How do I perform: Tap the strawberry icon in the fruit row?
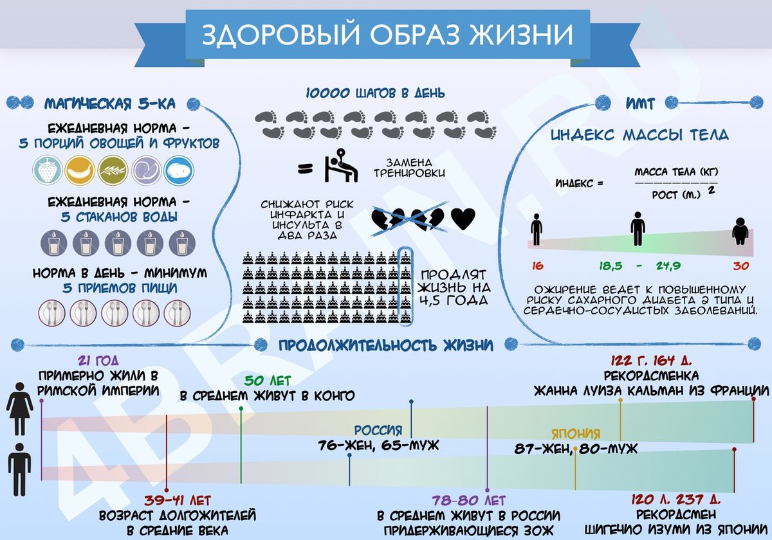[47, 171]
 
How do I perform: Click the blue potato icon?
[178, 171]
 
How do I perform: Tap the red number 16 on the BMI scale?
[537, 265]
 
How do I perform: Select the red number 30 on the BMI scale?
[742, 265]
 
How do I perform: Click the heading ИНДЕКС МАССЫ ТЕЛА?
[639, 135]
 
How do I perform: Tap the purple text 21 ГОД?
[98, 361]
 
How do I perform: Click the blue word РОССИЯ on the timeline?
[378, 431]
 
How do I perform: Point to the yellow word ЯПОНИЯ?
[576, 433]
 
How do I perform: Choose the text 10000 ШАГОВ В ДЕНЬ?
[375, 94]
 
